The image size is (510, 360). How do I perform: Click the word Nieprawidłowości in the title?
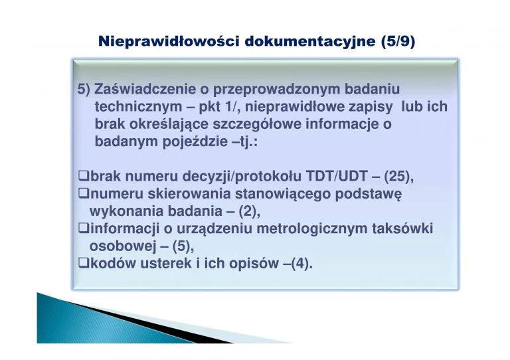tap(169, 41)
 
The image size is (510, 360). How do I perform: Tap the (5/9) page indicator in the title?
tap(398, 42)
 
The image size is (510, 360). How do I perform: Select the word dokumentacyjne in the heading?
tap(310, 42)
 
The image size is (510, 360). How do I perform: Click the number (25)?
tap(398, 177)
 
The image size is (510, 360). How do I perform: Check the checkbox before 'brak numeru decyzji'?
tap(84, 176)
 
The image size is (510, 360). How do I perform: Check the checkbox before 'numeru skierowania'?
tap(84, 193)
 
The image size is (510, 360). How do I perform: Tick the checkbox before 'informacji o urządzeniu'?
tap(84, 228)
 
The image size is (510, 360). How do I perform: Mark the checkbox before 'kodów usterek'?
tap(84, 263)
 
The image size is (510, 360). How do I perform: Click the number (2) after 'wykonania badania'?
tap(249, 211)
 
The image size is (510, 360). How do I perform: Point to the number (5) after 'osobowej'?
tap(183, 246)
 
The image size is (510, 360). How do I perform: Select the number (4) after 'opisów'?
tap(301, 264)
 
